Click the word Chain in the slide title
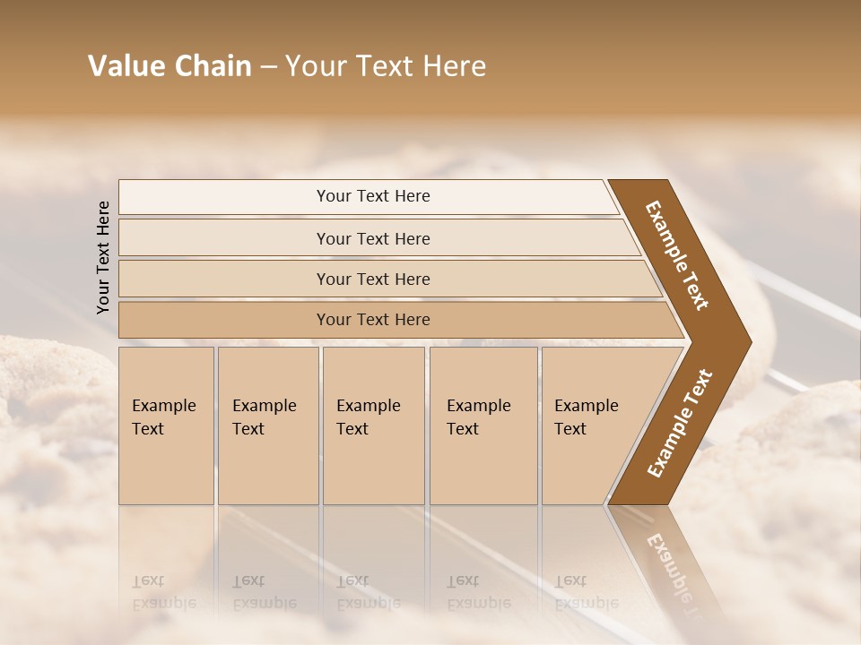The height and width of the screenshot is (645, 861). [x=213, y=66]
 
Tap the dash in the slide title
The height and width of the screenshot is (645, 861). [x=268, y=67]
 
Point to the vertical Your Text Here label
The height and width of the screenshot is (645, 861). [x=103, y=257]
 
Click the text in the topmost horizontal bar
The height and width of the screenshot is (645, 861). [x=373, y=196]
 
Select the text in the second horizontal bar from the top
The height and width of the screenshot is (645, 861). [x=373, y=239]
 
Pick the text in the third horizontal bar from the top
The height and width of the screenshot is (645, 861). [x=373, y=279]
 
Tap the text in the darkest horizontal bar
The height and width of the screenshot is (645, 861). [x=373, y=320]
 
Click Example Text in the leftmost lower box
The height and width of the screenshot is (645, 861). [x=163, y=417]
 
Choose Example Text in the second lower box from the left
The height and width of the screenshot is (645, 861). [x=264, y=417]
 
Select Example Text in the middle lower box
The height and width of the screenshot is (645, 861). [x=368, y=417]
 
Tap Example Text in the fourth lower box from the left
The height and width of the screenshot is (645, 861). [x=478, y=417]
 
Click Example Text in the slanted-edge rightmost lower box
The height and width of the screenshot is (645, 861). [x=586, y=417]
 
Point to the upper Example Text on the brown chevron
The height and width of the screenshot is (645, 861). [x=677, y=255]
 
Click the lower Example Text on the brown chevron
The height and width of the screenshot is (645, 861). [x=680, y=424]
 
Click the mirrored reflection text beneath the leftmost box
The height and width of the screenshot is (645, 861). [x=163, y=592]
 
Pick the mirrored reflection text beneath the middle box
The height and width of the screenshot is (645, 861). [x=368, y=592]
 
